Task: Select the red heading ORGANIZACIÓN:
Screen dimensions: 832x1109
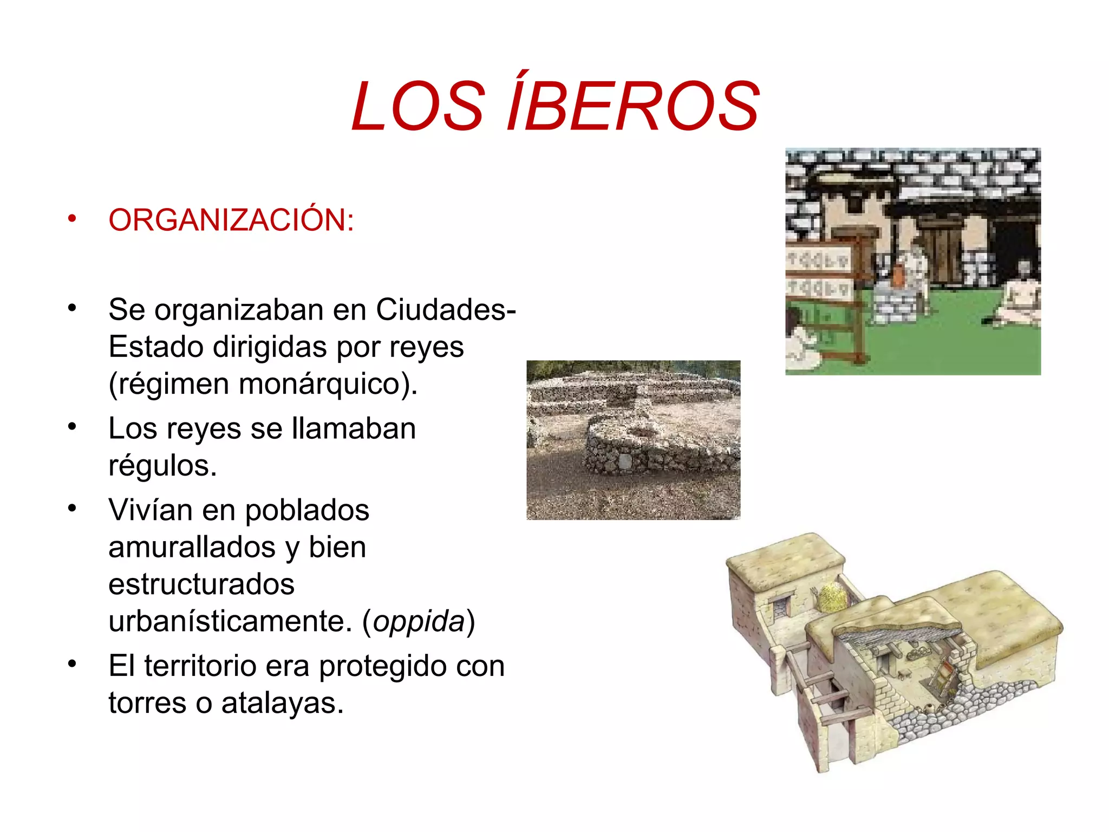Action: point(231,220)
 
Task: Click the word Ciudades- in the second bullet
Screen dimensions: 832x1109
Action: point(446,310)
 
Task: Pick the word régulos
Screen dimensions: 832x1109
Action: point(162,465)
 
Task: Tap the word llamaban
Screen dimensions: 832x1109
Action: point(354,428)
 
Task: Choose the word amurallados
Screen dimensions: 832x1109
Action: point(192,547)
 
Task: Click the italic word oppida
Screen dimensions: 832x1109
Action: point(419,621)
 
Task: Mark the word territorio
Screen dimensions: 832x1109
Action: point(200,666)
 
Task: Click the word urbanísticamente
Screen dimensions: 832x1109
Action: point(230,621)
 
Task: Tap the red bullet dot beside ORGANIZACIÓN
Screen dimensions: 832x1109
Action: point(72,219)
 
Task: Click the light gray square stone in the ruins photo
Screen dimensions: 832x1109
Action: point(624,460)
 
